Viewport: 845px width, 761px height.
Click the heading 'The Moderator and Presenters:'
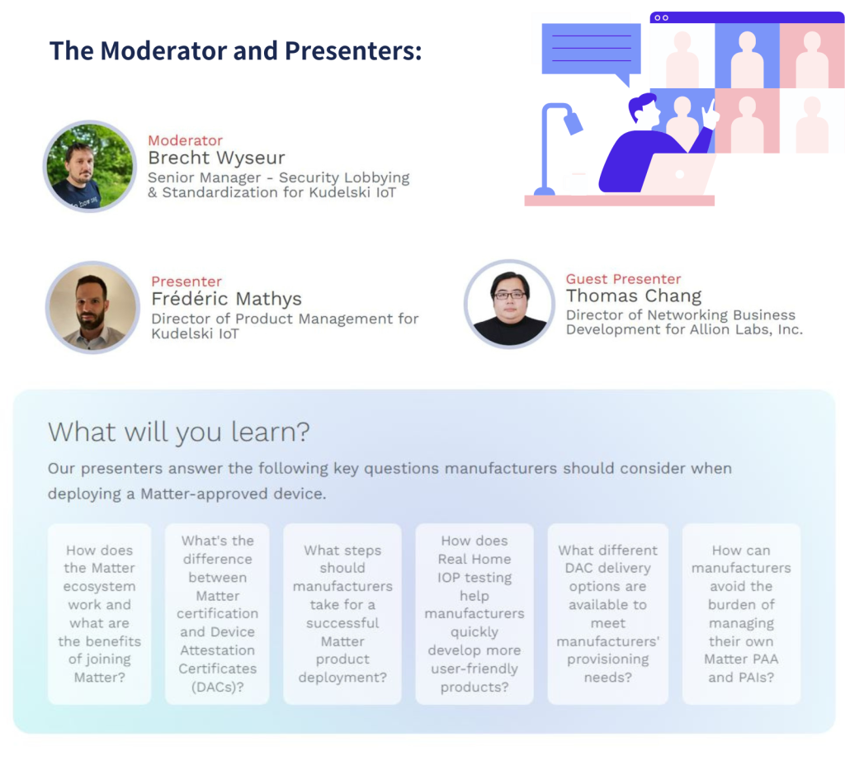(x=235, y=51)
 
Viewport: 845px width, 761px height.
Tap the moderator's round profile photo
(x=89, y=166)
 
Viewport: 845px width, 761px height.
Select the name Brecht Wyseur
(x=216, y=158)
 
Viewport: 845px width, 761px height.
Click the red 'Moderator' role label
(x=185, y=140)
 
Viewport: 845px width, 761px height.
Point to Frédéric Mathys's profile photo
(x=92, y=307)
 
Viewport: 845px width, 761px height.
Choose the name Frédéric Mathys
(x=226, y=298)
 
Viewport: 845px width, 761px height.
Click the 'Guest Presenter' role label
(x=623, y=279)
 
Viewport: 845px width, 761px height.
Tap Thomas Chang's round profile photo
(x=509, y=304)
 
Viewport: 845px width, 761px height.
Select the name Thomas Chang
(x=634, y=295)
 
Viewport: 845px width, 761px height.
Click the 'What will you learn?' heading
(x=179, y=432)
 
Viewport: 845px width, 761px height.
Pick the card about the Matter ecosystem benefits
(x=99, y=614)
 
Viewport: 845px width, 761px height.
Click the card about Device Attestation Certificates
(x=217, y=614)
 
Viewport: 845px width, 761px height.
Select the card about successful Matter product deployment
(x=342, y=614)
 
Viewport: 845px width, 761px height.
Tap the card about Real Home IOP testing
(x=474, y=614)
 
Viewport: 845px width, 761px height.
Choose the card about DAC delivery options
(x=608, y=614)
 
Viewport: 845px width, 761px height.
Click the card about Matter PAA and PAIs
(x=741, y=614)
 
